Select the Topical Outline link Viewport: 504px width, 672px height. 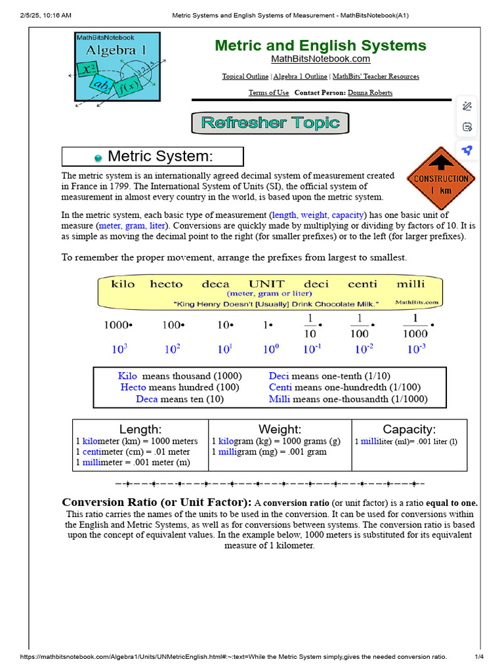pos(245,77)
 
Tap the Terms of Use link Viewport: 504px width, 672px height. pos(268,93)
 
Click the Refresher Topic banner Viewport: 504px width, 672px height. pos(270,123)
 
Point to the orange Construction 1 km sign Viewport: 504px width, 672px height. pos(440,179)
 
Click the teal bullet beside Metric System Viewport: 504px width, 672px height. pos(98,157)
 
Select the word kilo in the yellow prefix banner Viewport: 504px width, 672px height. pos(123,284)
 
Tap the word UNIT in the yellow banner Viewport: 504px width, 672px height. pos(266,284)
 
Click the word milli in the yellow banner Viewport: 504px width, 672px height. pos(411,284)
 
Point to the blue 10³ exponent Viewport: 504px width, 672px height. pos(119,350)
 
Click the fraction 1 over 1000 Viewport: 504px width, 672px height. pos(414,325)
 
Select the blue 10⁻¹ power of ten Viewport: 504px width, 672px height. pos(312,350)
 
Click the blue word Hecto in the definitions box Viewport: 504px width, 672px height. pos(133,388)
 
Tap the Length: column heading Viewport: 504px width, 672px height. pos(140,430)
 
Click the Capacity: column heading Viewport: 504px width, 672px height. pos(409,430)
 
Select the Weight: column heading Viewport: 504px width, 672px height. pos(280,430)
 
